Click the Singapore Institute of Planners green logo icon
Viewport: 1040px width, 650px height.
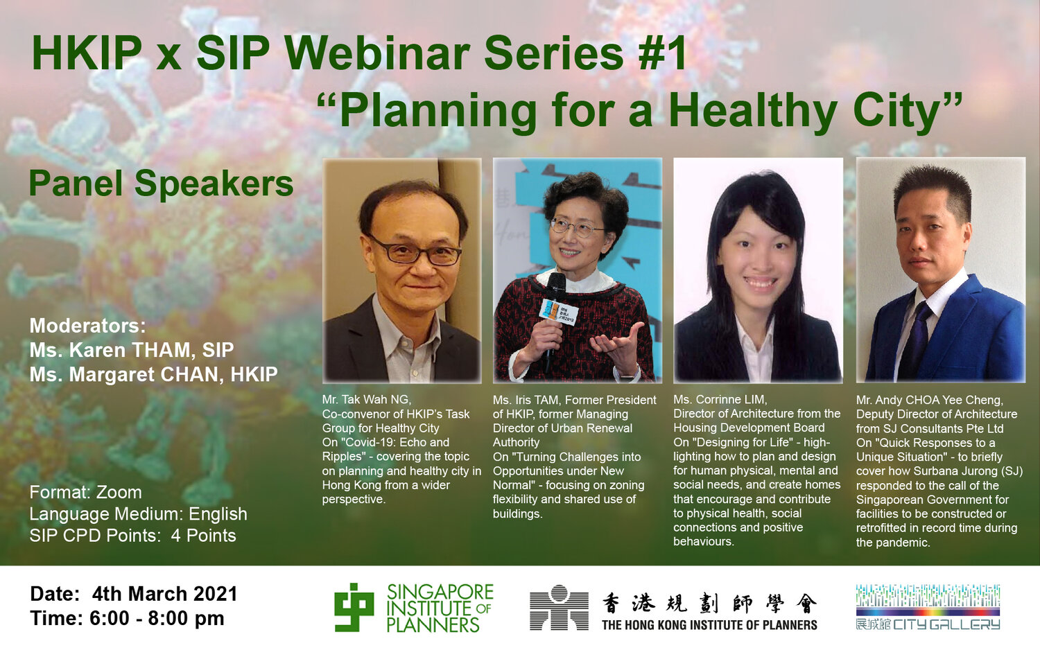[x=354, y=607]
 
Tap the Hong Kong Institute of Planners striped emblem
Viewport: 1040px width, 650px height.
[x=559, y=607]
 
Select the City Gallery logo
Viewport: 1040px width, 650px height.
[x=928, y=607]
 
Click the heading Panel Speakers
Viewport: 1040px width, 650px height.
[x=161, y=184]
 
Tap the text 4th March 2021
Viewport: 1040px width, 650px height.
[x=165, y=594]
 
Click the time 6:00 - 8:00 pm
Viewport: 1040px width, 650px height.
[x=157, y=618]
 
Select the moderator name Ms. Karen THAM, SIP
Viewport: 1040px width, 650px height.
[x=132, y=350]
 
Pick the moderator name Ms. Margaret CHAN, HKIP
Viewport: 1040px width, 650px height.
[x=154, y=374]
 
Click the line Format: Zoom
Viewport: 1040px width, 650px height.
[x=86, y=492]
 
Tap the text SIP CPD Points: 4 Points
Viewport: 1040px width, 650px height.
[x=133, y=536]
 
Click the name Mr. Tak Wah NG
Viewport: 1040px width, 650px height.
[x=367, y=399]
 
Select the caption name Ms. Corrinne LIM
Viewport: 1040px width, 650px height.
[x=720, y=399]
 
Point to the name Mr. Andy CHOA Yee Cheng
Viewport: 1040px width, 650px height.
[x=930, y=400]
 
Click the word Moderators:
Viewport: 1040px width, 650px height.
[x=88, y=326]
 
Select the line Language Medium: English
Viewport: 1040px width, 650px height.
[x=139, y=514]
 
